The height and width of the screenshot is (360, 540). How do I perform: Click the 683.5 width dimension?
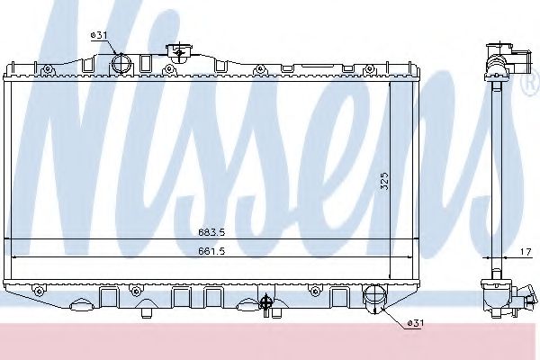pos(206,230)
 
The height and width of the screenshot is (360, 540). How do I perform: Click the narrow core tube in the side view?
pos(493,171)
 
